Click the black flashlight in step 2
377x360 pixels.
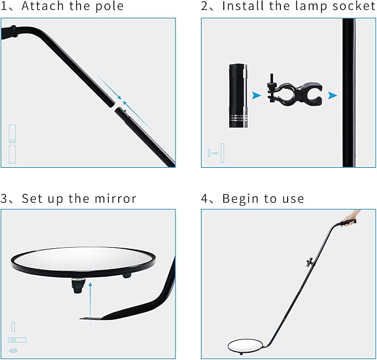238,96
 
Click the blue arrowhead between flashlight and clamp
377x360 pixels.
257,96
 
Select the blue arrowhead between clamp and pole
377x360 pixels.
333,96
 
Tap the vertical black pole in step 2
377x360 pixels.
349,93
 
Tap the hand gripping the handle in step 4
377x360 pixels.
351,217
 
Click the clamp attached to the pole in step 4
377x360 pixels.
310,262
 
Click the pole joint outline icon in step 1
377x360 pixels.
13,144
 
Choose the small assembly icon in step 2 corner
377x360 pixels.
216,153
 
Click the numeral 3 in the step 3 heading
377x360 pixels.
4,199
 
